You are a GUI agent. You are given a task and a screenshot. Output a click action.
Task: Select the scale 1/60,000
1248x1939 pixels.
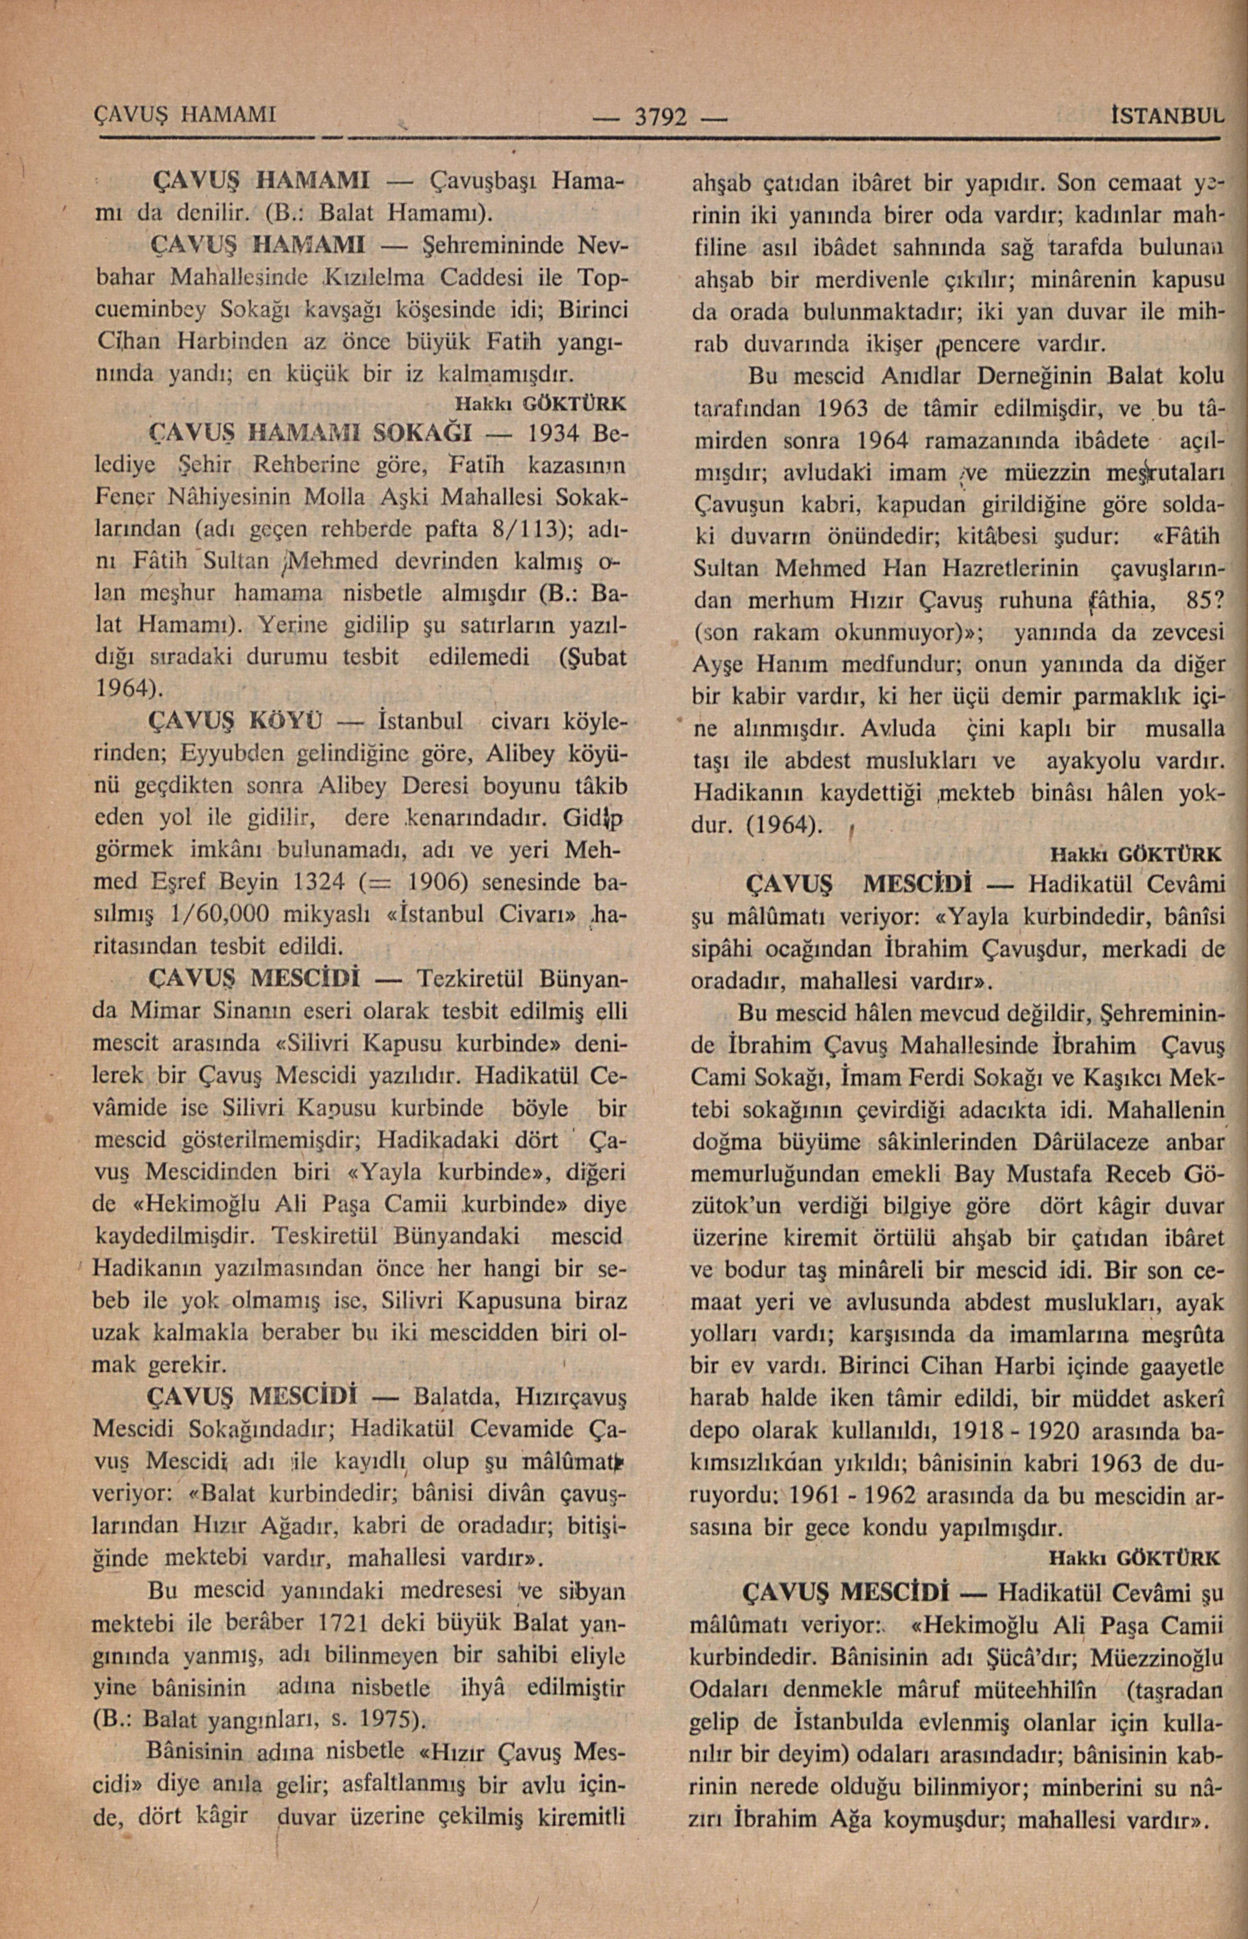tap(220, 913)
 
